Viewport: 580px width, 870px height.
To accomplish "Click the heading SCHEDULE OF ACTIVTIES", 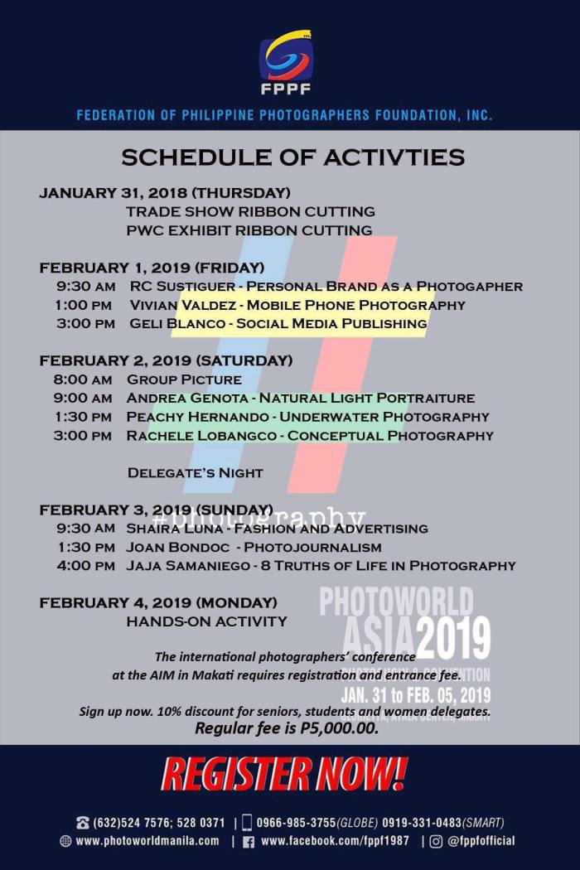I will click(292, 157).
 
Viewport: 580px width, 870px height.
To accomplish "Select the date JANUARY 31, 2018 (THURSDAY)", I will click(165, 193).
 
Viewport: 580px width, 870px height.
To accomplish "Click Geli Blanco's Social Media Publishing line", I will click(278, 324).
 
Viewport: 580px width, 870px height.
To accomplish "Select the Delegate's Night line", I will click(195, 473).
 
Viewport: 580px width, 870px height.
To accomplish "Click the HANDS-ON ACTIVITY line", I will click(206, 621).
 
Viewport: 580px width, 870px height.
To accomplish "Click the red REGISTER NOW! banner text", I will click(284, 774).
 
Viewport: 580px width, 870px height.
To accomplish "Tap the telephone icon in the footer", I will click(83, 823).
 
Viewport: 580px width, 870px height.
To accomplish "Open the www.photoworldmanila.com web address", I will click(147, 841).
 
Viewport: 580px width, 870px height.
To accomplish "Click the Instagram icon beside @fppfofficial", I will click(437, 841).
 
